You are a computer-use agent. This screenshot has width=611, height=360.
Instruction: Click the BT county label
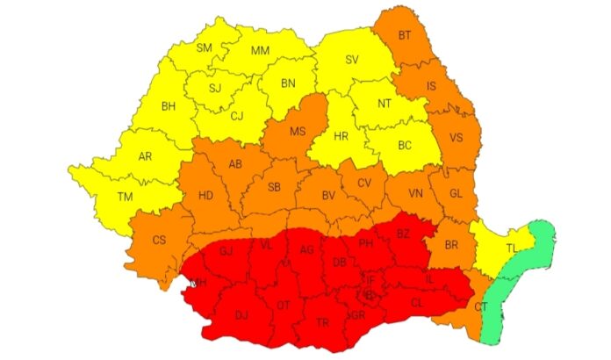[406, 36]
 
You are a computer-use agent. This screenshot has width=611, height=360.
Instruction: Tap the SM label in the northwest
[205, 47]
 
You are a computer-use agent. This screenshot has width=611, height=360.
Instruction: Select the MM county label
[260, 51]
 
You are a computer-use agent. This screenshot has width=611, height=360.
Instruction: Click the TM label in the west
[126, 197]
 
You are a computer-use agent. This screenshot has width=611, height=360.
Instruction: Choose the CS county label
[159, 240]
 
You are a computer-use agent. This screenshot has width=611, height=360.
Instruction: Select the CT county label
[481, 306]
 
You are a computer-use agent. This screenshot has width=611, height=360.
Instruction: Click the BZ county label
[403, 234]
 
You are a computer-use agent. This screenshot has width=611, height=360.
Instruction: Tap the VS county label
[456, 138]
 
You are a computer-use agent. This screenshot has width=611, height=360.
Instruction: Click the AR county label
[146, 155]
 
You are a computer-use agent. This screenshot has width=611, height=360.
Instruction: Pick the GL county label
[455, 193]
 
